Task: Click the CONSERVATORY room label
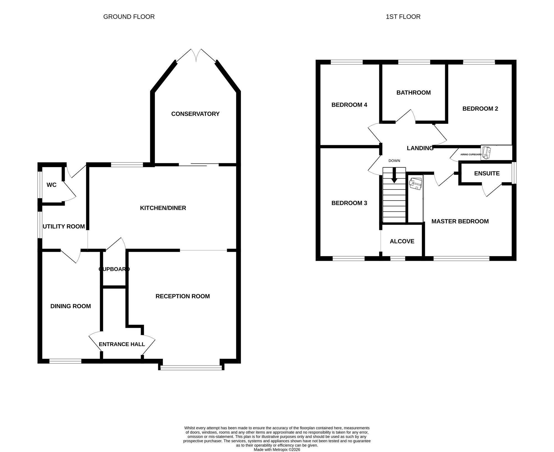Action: pos(195,114)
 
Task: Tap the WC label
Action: pos(52,185)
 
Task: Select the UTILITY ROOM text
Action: pos(64,226)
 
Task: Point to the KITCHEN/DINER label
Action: pos(163,208)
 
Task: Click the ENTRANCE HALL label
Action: pos(122,344)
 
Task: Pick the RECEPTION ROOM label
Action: pos(183,296)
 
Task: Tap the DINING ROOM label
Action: pos(71,306)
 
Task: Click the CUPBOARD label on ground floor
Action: pos(114,269)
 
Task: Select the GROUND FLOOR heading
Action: pos(129,17)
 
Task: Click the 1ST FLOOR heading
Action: pos(403,17)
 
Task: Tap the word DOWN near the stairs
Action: pos(394,161)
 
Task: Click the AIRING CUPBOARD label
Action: pos(471,154)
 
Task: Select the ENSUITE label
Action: pos(487,173)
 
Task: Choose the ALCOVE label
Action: pos(402,241)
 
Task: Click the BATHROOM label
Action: pos(414,93)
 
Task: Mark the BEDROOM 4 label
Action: pos(349,105)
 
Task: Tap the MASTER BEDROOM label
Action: pos(460,221)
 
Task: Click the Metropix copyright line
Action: pos(277,450)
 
